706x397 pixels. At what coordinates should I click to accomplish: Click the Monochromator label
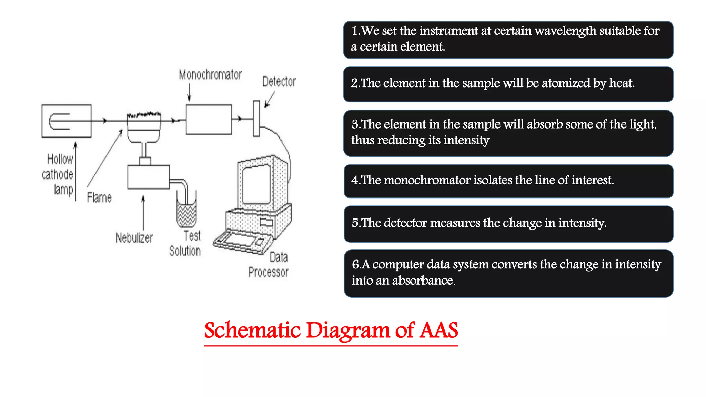(210, 75)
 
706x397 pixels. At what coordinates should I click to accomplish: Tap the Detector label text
(279, 82)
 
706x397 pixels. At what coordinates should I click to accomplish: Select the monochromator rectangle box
(209, 119)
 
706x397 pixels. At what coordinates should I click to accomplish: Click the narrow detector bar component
(256, 119)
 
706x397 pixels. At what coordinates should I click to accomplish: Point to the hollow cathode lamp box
(66, 121)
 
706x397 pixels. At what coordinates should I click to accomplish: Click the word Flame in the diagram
(99, 198)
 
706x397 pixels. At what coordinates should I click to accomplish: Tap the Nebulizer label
(134, 238)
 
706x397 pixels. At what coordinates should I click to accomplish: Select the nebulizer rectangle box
(148, 177)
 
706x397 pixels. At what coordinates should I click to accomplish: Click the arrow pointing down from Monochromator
(189, 93)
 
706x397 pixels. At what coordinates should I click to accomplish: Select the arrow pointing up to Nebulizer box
(143, 212)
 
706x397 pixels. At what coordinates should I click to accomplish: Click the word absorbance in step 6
(424, 281)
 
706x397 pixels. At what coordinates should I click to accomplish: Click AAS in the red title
(438, 330)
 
